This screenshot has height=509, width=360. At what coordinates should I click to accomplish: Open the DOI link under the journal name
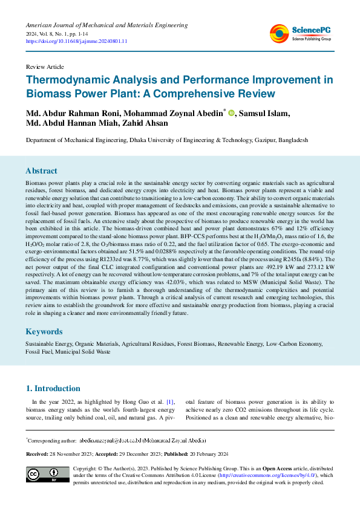(x=76, y=42)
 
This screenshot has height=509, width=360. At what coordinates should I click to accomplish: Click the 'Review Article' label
(x=45, y=66)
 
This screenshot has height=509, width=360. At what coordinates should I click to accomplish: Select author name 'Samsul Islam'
(x=264, y=113)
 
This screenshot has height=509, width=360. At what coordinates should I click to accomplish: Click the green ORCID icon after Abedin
(x=231, y=114)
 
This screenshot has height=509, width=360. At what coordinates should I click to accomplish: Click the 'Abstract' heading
(x=41, y=170)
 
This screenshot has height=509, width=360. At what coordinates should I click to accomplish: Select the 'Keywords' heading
(x=44, y=332)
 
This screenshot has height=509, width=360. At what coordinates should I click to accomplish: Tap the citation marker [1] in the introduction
(x=171, y=401)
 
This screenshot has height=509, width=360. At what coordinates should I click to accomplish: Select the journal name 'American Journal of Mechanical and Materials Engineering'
(x=106, y=25)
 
